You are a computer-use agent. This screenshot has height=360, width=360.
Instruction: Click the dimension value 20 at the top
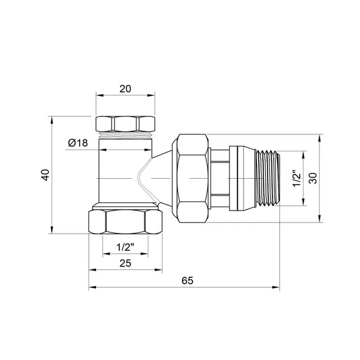click(125, 89)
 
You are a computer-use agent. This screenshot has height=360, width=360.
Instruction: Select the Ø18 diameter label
click(78, 143)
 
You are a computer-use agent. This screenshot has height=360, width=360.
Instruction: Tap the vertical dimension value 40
click(46, 175)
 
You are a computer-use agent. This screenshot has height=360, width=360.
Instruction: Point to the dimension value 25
click(125, 263)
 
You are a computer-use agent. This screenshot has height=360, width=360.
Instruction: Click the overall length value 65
click(187, 281)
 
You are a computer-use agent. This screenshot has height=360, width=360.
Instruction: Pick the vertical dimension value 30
click(313, 178)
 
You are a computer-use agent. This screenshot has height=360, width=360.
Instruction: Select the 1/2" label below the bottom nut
click(125, 247)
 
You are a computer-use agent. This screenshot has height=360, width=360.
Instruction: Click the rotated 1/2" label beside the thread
click(296, 178)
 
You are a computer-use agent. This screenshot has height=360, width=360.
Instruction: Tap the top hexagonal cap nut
click(125, 124)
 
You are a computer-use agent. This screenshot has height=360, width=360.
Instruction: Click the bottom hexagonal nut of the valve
click(125, 222)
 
